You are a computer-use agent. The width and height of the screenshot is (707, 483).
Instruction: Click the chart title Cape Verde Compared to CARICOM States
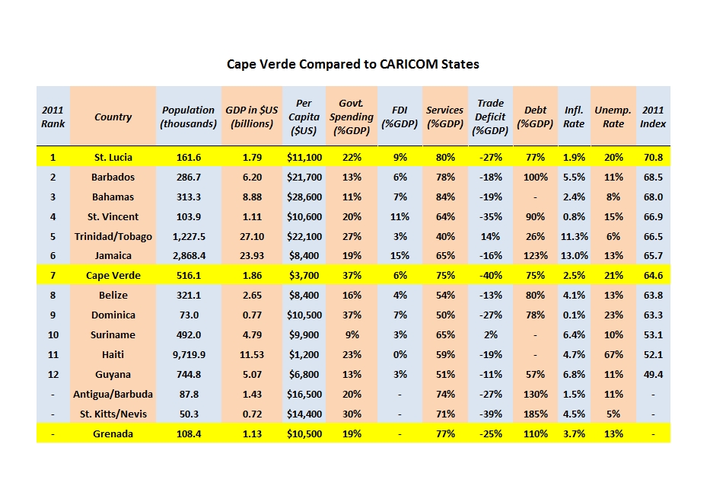click(353, 64)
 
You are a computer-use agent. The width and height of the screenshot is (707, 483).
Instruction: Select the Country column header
click(113, 117)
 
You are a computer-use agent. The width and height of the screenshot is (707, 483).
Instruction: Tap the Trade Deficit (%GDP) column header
click(490, 117)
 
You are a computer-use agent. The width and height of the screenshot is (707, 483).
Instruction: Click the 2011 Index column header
click(653, 117)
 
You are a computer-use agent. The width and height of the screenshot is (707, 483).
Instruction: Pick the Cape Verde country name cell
click(113, 276)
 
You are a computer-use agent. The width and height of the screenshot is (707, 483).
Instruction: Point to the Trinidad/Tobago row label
click(113, 236)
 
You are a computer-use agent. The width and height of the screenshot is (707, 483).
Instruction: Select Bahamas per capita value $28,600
click(304, 197)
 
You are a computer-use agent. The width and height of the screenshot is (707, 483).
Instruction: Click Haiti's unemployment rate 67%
click(613, 354)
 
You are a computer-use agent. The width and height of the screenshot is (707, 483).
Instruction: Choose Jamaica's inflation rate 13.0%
click(574, 256)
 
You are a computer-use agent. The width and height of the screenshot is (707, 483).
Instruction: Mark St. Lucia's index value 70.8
click(653, 158)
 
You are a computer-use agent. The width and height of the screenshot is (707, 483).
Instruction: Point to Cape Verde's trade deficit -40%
click(490, 276)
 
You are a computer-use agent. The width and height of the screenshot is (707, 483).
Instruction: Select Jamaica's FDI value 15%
click(400, 256)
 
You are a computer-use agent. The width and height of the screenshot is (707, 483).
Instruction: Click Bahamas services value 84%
click(445, 197)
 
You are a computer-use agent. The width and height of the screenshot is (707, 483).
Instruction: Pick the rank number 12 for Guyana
click(53, 374)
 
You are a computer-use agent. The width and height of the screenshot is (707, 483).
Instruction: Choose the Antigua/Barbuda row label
click(113, 394)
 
